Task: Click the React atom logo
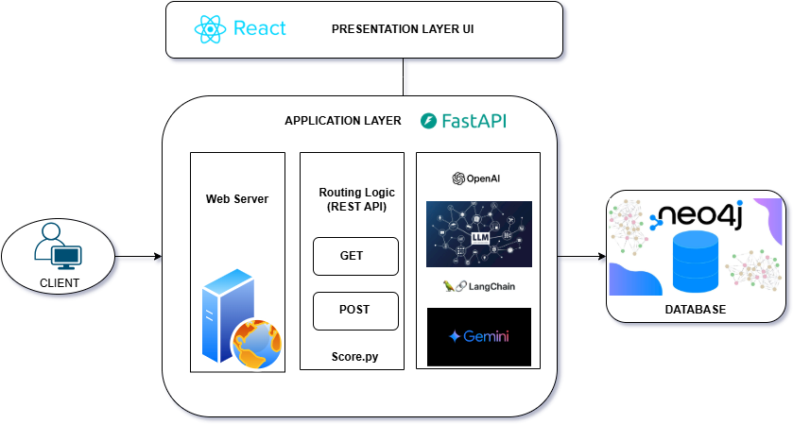click(210, 29)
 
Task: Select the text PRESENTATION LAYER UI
click(403, 29)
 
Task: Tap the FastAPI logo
click(464, 121)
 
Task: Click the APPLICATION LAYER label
click(343, 122)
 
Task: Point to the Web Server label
click(237, 199)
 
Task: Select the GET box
click(355, 256)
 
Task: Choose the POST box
click(355, 310)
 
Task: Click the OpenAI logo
click(478, 178)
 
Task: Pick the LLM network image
click(478, 233)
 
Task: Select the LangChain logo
click(478, 286)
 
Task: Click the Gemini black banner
click(478, 336)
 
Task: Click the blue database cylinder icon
click(695, 263)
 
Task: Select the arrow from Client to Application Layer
click(138, 256)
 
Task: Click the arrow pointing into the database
click(580, 256)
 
